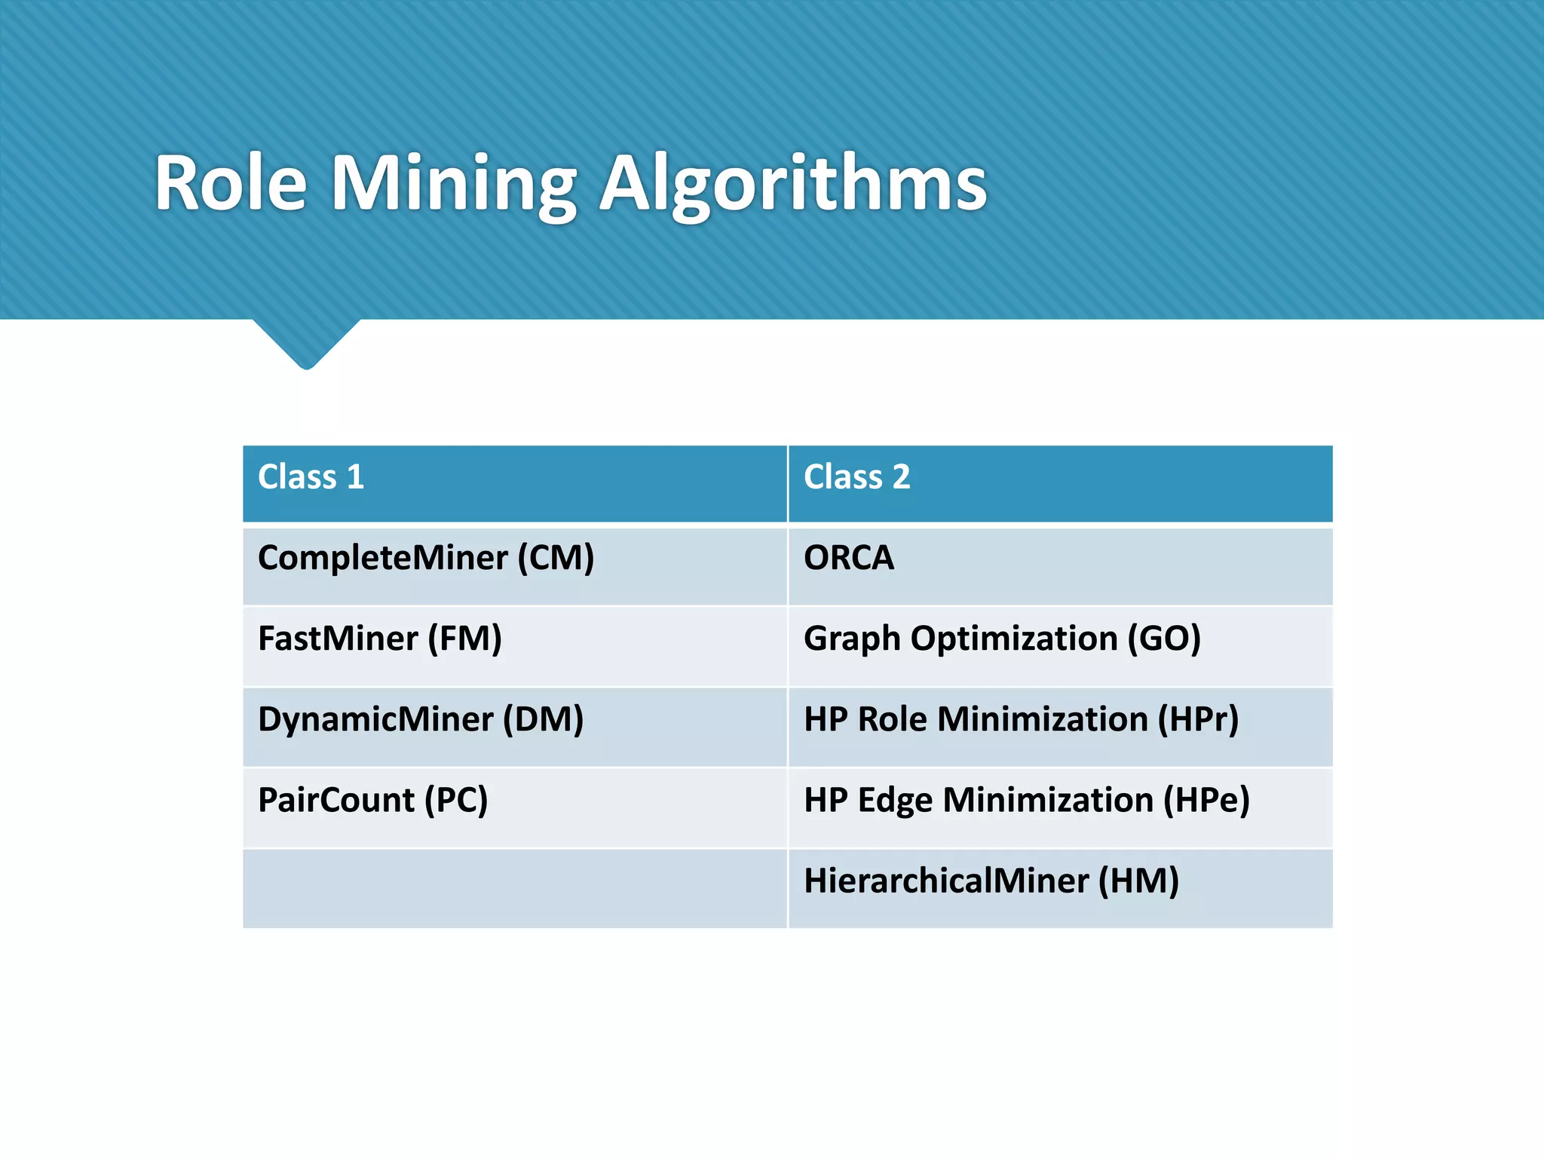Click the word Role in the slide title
tap(231, 185)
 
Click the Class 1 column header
tap(311, 478)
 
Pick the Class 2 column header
tap(856, 478)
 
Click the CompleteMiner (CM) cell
tap(426, 559)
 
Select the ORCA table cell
tap(849, 559)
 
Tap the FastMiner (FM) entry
tap(379, 639)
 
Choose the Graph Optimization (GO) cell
tap(1002, 639)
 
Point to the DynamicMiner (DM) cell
tap(421, 720)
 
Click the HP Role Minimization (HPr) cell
tap(1021, 720)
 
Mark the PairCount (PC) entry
tap(372, 801)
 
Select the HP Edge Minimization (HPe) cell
tap(1026, 801)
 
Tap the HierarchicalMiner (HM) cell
tap(991, 881)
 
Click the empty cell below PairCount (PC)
tap(514, 888)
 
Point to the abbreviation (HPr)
tap(1198, 720)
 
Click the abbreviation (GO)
tap(1164, 639)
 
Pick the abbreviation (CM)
tap(556, 559)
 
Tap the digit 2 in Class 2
tap(901, 478)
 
